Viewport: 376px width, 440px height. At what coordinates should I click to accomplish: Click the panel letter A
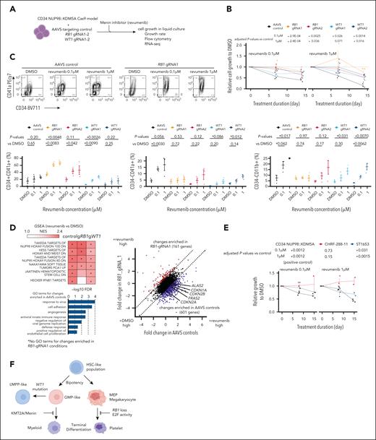click(x=7, y=6)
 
